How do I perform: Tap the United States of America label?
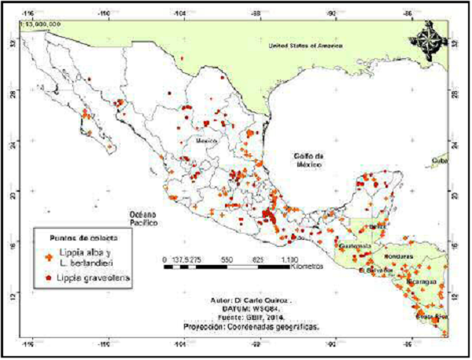pyautogui.click(x=308, y=46)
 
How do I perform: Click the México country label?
pyautogui.click(x=205, y=141)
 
